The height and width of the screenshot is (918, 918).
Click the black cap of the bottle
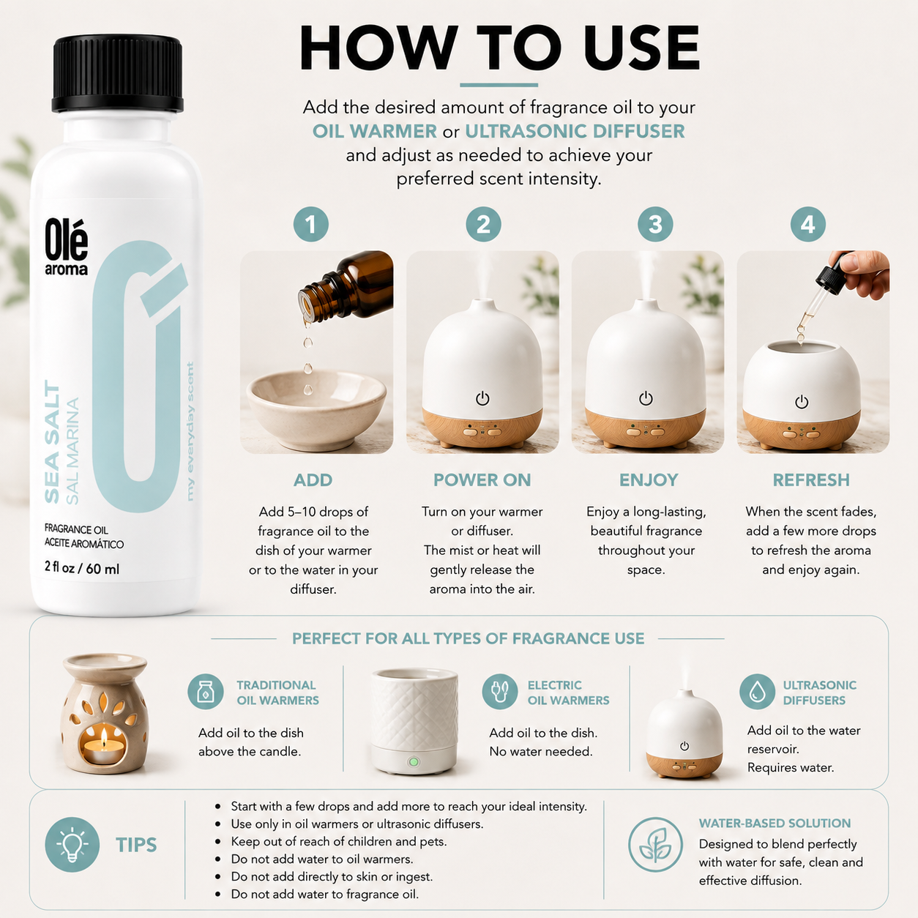(117, 73)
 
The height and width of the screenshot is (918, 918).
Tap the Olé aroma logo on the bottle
(66, 247)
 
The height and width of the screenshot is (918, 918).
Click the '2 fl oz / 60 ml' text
(82, 568)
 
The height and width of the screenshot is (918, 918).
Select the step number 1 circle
(310, 225)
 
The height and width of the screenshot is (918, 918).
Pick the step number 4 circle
(808, 225)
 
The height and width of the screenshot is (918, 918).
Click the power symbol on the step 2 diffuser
(482, 398)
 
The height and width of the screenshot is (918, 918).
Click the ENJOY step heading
(649, 479)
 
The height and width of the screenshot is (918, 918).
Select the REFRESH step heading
(811, 479)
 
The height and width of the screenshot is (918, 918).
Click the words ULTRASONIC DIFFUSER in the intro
(575, 131)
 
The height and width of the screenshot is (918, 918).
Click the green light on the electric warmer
(414, 762)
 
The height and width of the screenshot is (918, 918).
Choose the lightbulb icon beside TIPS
(72, 845)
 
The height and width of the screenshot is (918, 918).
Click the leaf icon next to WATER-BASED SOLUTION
(655, 845)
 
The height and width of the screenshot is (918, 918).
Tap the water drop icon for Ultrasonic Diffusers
(757, 691)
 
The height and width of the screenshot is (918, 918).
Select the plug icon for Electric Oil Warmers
(500, 691)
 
